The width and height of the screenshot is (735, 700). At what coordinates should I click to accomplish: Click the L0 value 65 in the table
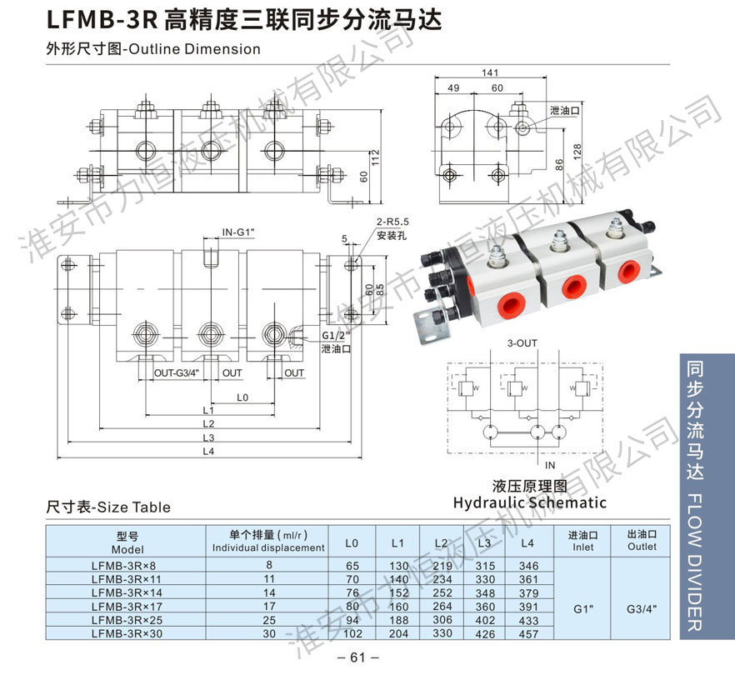[352, 566]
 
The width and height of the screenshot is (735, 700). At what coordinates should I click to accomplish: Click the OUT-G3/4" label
[177, 373]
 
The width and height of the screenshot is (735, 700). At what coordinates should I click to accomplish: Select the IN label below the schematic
[549, 464]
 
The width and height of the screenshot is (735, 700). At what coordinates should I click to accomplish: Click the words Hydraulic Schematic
[529, 502]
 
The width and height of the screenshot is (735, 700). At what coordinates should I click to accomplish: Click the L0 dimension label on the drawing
[242, 397]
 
